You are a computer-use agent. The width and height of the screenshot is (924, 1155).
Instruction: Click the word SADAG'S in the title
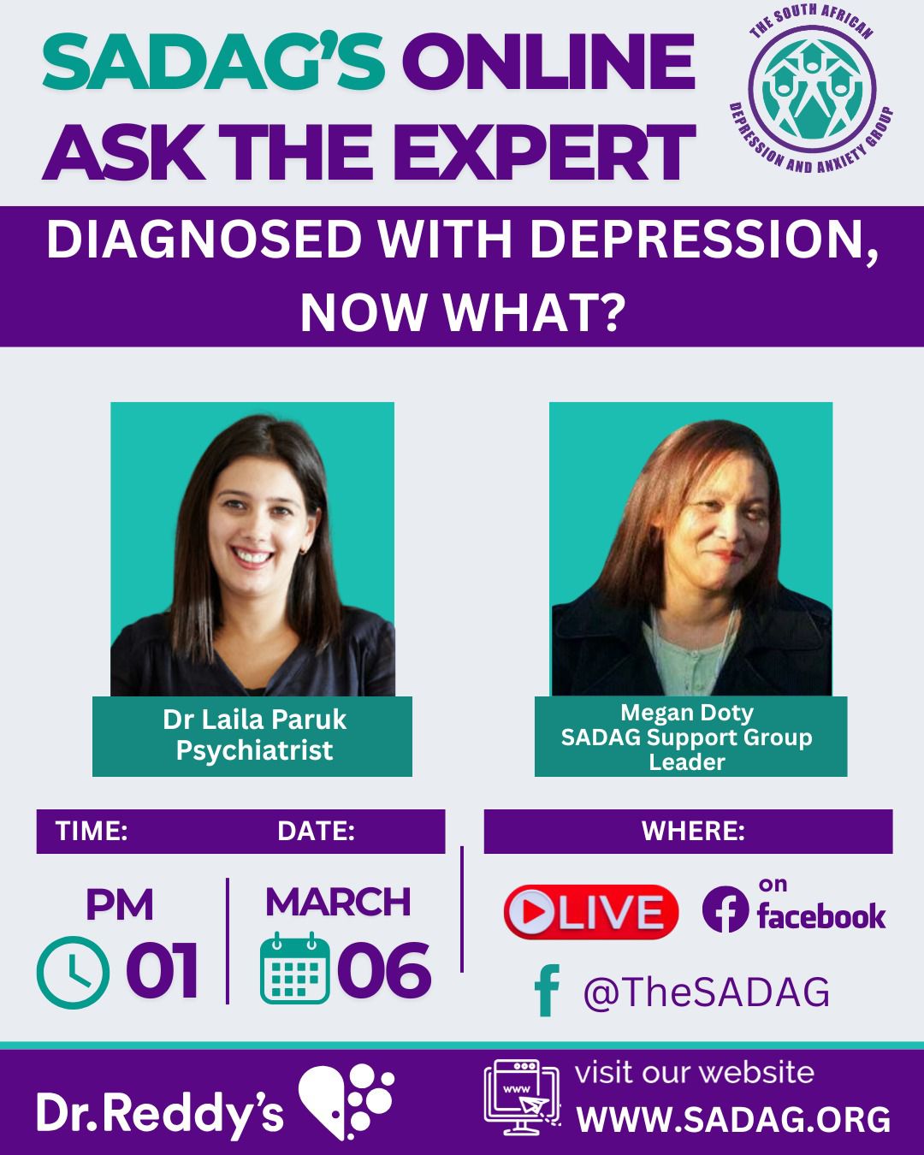point(213,62)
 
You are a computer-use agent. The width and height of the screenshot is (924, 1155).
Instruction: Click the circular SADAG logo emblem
point(812,89)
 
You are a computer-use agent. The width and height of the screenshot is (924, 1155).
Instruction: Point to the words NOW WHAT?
point(463,314)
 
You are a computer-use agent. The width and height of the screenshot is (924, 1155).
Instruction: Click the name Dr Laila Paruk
point(254,720)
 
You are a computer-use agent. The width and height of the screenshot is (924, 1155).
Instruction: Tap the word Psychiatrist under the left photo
point(254,750)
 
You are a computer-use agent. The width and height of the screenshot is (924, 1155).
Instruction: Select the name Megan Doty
point(687,714)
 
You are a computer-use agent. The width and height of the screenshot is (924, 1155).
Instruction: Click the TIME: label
point(92,832)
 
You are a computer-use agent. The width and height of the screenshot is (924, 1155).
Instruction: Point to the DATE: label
point(317,832)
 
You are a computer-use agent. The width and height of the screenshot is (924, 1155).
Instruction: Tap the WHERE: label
point(693,832)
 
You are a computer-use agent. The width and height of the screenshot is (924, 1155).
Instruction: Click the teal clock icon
point(73,972)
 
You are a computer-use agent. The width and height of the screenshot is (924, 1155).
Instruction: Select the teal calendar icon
point(295,968)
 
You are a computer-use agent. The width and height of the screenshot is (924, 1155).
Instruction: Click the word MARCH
point(338,903)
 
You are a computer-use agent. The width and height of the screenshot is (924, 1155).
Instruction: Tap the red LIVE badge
point(590,912)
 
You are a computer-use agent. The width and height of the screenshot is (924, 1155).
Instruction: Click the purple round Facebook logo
point(726,909)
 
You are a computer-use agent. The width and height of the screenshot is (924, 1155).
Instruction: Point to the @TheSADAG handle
point(706,992)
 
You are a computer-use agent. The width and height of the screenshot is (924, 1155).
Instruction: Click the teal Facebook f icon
point(547,990)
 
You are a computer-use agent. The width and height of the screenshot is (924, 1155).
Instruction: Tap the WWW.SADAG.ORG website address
point(733,1120)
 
